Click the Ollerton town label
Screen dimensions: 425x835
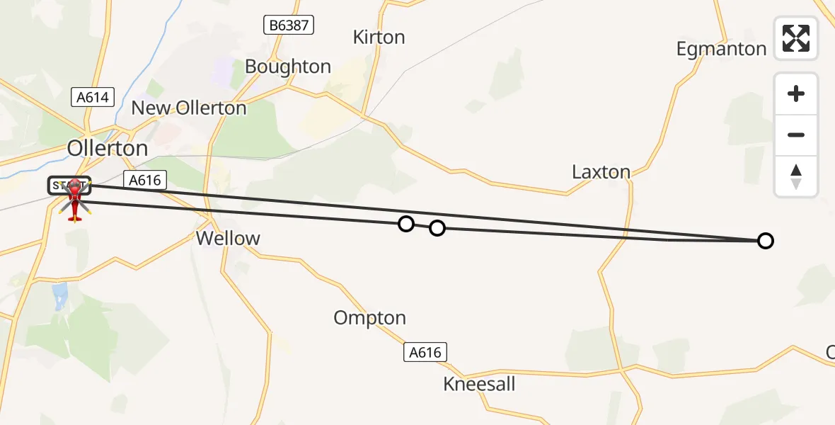pos(108,148)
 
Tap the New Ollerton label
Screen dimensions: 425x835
pos(189,108)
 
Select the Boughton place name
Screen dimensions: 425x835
pos(288,67)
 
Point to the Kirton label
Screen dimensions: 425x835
pos(379,38)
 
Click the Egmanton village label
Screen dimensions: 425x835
pos(721,49)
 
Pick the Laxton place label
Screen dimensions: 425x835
pos(601,172)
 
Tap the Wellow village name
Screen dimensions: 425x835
pos(228,239)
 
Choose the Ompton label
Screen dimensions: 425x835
pos(370,318)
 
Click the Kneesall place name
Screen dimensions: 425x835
pos(479,385)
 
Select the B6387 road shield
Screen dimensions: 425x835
pos(288,26)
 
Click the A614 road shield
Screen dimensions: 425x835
pos(93,98)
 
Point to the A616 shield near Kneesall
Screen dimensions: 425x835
pos(426,352)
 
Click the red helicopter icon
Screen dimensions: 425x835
pos(74,200)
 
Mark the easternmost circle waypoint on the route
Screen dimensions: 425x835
pos(765,241)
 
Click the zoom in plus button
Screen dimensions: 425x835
pos(796,94)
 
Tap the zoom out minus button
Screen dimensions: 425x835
pos(796,135)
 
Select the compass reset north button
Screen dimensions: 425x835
pos(796,176)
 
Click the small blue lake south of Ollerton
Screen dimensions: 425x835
pos(60,293)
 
